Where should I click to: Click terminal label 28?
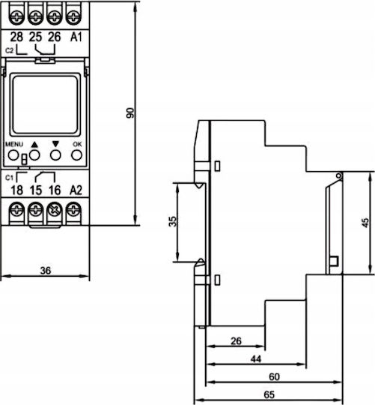pyautogui.click(x=16, y=37)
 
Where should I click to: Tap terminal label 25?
pyautogui.click(x=35, y=37)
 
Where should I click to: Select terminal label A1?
pyautogui.click(x=76, y=37)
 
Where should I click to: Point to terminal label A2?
pyautogui.click(x=76, y=190)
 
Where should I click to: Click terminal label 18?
pyautogui.click(x=17, y=190)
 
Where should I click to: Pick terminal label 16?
pyautogui.click(x=55, y=190)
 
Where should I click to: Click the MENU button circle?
pyautogui.click(x=13, y=155)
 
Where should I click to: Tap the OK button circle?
pyautogui.click(x=76, y=155)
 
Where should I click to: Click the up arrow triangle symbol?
pyautogui.click(x=34, y=145)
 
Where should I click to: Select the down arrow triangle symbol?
pyautogui.click(x=55, y=144)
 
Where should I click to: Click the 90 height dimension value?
pyautogui.click(x=130, y=112)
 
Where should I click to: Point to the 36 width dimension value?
pyautogui.click(x=46, y=271)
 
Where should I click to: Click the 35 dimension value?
pyautogui.click(x=173, y=221)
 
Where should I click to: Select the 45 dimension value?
pyautogui.click(x=365, y=223)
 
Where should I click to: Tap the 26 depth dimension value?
pyautogui.click(x=236, y=341)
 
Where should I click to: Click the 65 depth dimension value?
pyautogui.click(x=269, y=394)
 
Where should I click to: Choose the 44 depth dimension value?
pyautogui.click(x=256, y=358)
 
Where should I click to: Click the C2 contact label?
pyautogui.click(x=9, y=51)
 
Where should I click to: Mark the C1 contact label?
pyautogui.click(x=9, y=178)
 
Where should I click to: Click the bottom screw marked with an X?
pyautogui.click(x=55, y=210)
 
